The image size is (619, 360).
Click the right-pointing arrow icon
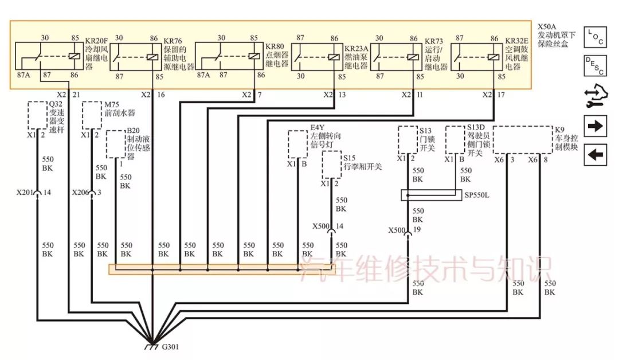point(596,126)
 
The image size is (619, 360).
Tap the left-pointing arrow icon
point(596,154)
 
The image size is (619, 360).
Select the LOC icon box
point(596,37)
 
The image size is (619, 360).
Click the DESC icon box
point(596,66)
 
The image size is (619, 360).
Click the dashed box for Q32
point(38,115)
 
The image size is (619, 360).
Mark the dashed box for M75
point(92,115)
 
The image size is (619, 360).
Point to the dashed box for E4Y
point(297,143)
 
